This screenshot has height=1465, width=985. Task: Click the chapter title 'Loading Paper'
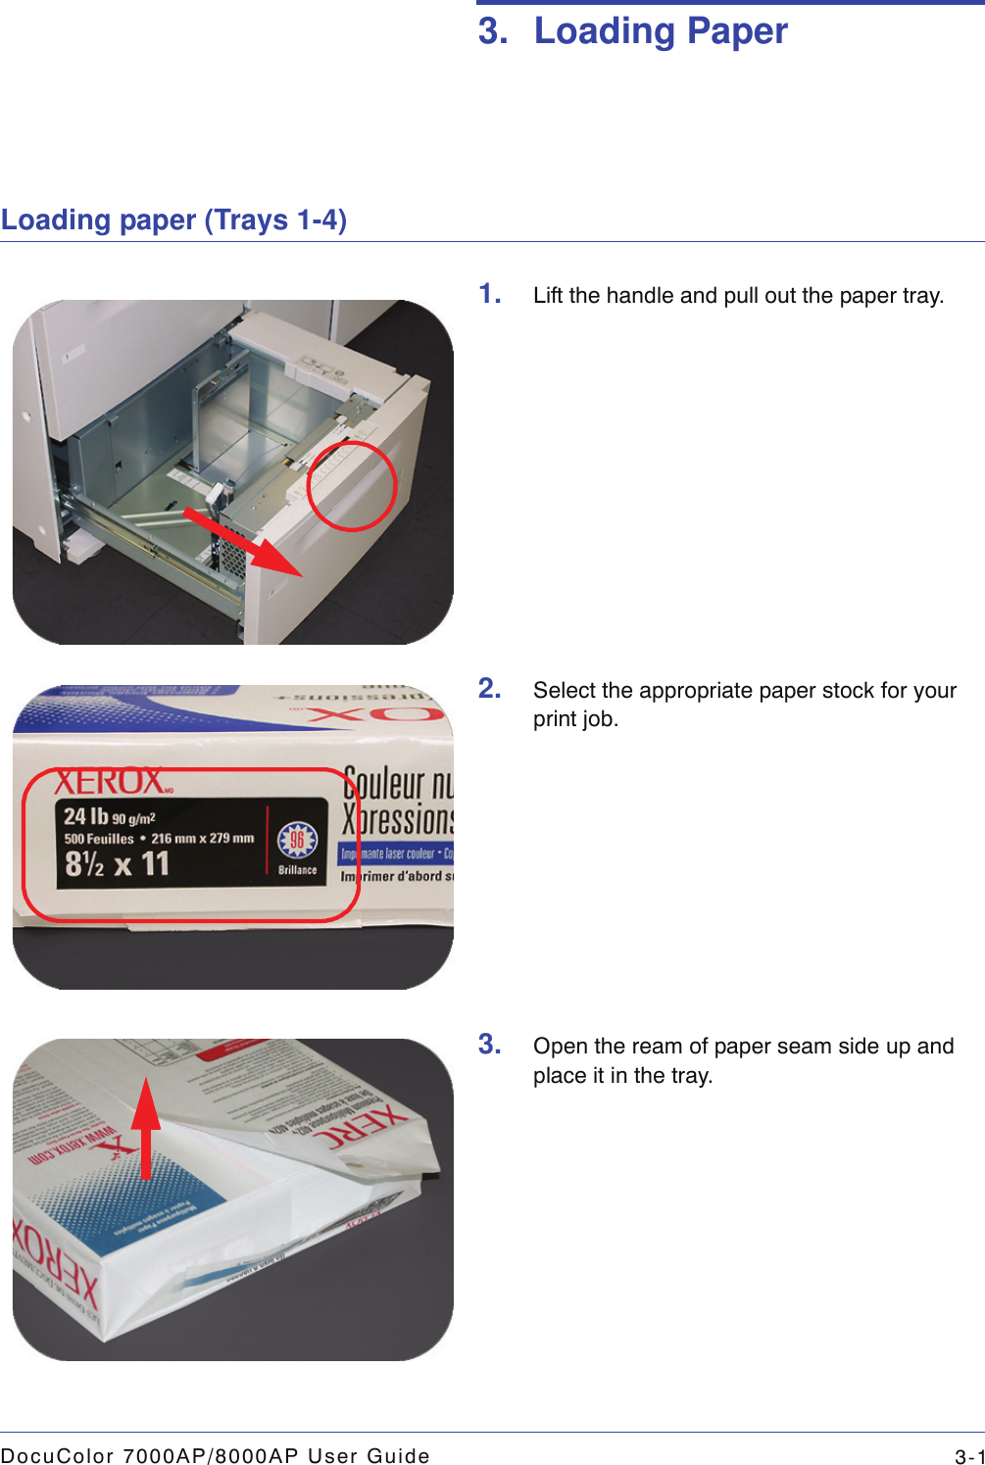[660, 31]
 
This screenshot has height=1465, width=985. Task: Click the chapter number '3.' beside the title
[493, 31]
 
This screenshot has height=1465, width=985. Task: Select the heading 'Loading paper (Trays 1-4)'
[173, 220]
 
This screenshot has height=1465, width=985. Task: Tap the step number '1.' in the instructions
[490, 294]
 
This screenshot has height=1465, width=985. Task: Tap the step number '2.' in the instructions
[490, 689]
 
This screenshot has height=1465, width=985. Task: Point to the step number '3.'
[490, 1045]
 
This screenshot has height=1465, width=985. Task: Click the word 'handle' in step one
[640, 296]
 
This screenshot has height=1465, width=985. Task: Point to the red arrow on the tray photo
[245, 541]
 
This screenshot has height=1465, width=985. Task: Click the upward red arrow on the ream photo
[146, 1127]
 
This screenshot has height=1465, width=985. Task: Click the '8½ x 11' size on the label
[117, 864]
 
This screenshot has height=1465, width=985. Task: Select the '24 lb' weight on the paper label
[85, 816]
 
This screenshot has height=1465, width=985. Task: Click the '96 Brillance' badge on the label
[297, 847]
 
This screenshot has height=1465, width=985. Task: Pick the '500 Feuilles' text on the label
[99, 839]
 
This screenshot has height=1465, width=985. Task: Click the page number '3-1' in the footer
[969, 1456]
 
